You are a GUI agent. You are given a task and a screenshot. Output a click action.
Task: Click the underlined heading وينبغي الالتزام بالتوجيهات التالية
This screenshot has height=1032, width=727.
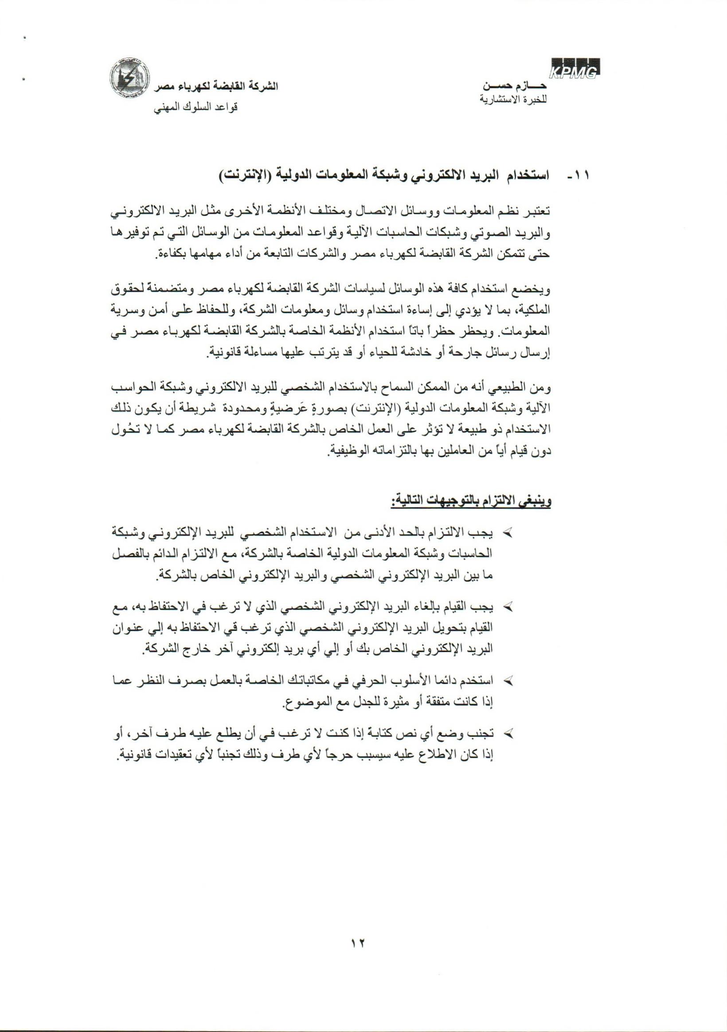tap(470, 500)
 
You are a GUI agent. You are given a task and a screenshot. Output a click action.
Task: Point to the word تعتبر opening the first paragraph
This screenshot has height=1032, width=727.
tap(539, 211)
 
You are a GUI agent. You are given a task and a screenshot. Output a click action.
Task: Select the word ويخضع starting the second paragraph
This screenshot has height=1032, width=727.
tap(538, 290)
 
